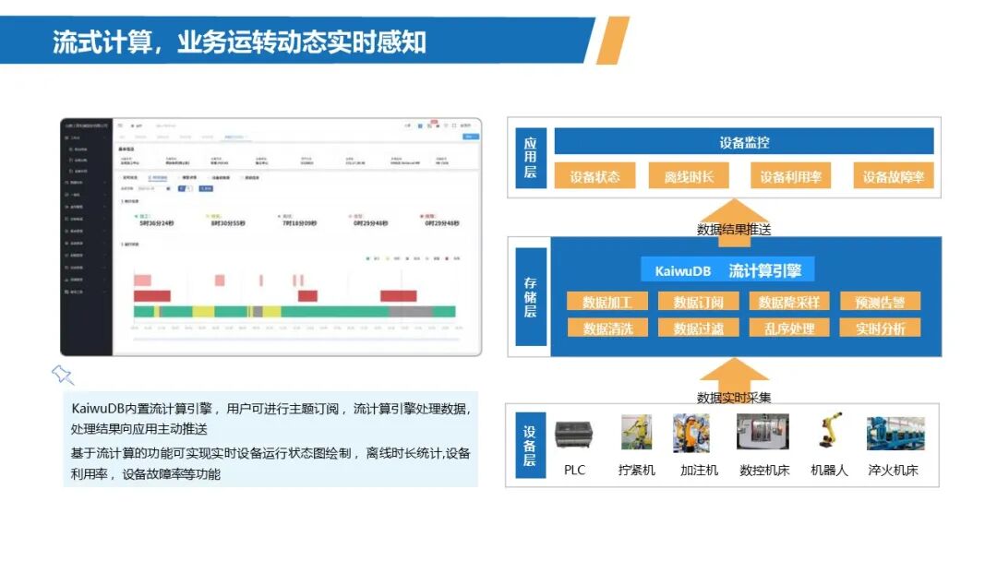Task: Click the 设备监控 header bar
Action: point(743,142)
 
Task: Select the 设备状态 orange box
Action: point(595,176)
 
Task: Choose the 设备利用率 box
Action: point(790,176)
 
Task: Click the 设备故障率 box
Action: point(893,176)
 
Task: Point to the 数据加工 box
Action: point(607,302)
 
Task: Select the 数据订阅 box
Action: point(698,302)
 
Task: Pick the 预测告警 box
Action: point(880,302)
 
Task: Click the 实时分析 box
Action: point(880,328)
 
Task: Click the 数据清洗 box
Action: point(607,328)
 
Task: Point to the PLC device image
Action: point(575,434)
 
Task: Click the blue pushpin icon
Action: point(62,374)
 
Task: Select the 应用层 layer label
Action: point(530,158)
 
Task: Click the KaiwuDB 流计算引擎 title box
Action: point(728,270)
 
